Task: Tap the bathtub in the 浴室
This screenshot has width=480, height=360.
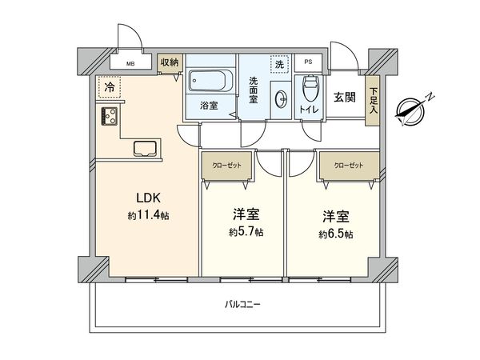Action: point(210,82)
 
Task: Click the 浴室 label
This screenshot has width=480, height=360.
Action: point(208,105)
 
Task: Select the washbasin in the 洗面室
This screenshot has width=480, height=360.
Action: point(280,99)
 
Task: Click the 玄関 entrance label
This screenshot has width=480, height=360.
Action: point(345,97)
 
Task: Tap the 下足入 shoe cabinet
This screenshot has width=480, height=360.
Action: point(373,101)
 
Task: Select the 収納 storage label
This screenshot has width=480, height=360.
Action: point(170,62)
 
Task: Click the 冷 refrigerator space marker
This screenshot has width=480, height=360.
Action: point(107,86)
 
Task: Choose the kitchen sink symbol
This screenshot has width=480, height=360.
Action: point(146,148)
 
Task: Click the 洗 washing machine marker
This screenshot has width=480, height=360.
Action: point(279,64)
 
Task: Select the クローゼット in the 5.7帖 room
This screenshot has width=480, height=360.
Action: point(226,166)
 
